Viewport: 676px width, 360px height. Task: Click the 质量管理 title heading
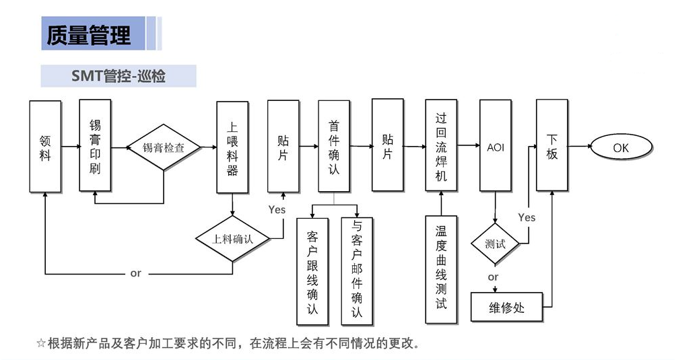(x=88, y=34)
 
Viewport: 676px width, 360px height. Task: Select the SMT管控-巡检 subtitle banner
(x=119, y=76)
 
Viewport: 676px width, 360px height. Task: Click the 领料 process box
(x=45, y=146)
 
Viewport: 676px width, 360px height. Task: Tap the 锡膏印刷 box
(x=95, y=146)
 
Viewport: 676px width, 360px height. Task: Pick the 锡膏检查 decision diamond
(x=164, y=147)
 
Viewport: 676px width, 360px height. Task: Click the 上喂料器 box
(x=232, y=147)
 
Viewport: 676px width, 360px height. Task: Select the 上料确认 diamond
(x=232, y=239)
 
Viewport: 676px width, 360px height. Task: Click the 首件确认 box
(x=334, y=147)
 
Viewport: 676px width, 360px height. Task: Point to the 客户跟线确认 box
(x=312, y=271)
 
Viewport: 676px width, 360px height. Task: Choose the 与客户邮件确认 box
(x=357, y=271)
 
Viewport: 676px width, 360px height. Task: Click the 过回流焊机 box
(x=442, y=145)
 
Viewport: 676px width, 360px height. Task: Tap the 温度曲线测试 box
(x=441, y=269)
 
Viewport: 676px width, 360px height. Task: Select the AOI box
(x=496, y=147)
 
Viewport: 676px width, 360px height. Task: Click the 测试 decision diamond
(x=496, y=244)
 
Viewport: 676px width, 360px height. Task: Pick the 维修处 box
(x=506, y=308)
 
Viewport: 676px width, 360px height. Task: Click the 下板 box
(x=552, y=146)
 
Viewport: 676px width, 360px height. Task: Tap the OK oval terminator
(x=621, y=147)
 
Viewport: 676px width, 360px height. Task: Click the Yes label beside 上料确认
(x=277, y=210)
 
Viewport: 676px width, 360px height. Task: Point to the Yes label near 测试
(x=527, y=217)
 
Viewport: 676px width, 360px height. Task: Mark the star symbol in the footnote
(x=41, y=344)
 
